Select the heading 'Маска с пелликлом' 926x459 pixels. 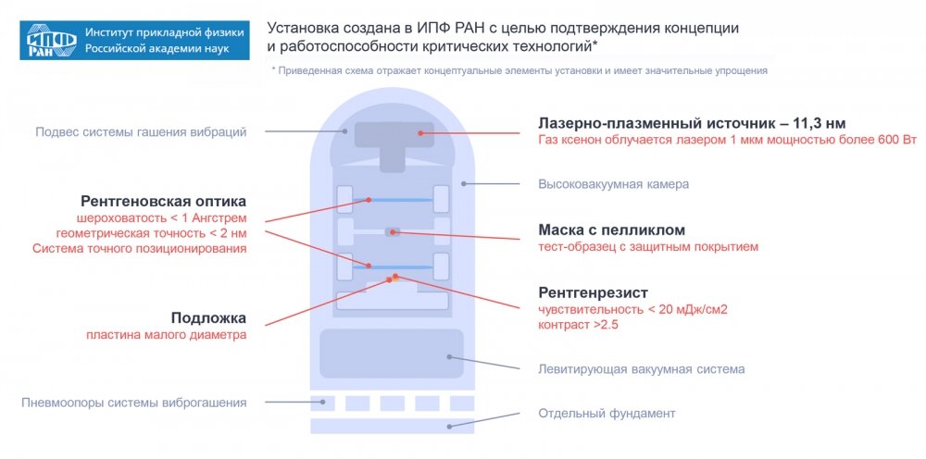612,229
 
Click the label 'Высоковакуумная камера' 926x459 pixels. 613,184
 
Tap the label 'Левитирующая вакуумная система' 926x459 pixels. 641,369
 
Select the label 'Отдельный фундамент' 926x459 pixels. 607,413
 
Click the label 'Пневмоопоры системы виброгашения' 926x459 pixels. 133,403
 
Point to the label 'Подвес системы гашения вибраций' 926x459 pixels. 141,132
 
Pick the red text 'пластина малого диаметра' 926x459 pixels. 167,335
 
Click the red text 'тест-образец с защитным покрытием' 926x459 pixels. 648,247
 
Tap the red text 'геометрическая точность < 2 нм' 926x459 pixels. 151,233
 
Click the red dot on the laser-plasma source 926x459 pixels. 419,133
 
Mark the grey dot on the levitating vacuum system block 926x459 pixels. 449,356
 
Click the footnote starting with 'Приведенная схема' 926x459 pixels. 519,70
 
